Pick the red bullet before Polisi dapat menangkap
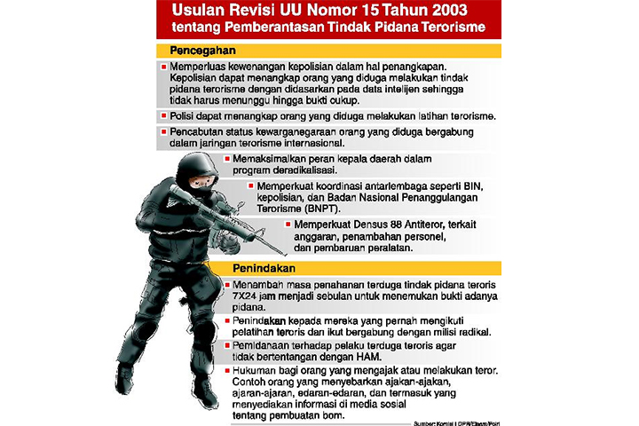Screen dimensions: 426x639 click(164, 116)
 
